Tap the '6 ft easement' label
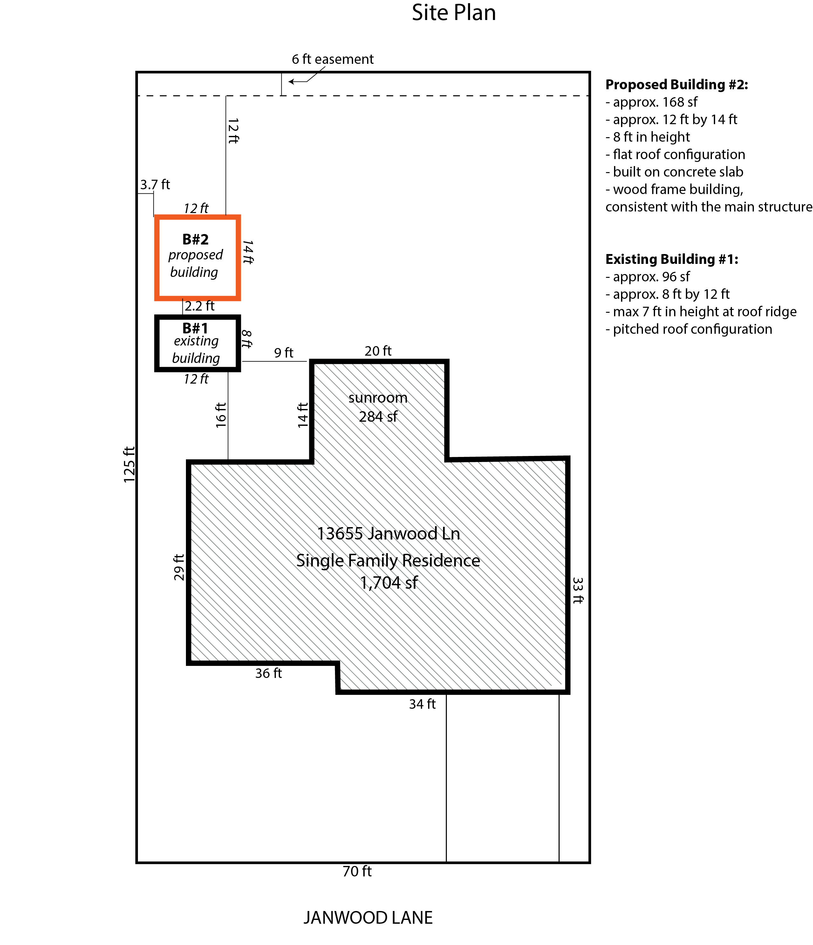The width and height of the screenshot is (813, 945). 332,59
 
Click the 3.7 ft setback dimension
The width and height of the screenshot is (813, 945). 155,185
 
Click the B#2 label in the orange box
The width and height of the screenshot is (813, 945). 195,239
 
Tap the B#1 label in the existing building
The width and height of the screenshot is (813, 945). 195,328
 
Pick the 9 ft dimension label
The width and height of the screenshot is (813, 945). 284,352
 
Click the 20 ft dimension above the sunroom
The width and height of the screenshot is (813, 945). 378,351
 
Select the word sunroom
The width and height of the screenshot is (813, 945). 378,398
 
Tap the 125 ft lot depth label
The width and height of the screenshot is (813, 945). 129,464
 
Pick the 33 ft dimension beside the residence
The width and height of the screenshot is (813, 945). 578,591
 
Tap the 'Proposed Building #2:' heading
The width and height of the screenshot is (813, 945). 677,84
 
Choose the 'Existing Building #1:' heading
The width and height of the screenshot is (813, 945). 672,259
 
